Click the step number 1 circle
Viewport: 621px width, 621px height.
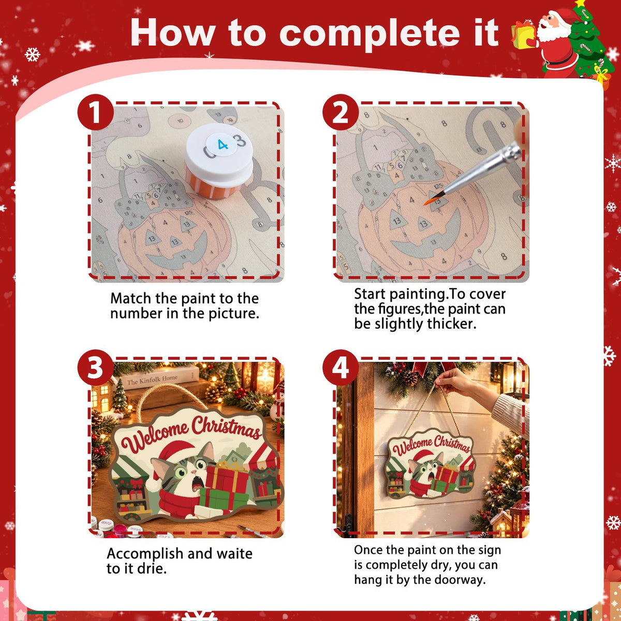[96, 112]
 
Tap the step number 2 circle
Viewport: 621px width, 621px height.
[341, 112]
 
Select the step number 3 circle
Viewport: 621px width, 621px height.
[96, 367]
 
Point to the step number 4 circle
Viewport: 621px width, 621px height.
[341, 367]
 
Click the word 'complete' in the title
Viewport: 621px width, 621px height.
[369, 34]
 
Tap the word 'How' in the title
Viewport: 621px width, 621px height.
[173, 32]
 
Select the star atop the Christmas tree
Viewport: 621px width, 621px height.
[580, 3]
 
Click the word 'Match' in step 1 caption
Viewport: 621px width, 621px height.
[130, 299]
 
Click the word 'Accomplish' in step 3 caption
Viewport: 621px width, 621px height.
[145, 554]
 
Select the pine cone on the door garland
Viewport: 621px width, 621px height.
[410, 377]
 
